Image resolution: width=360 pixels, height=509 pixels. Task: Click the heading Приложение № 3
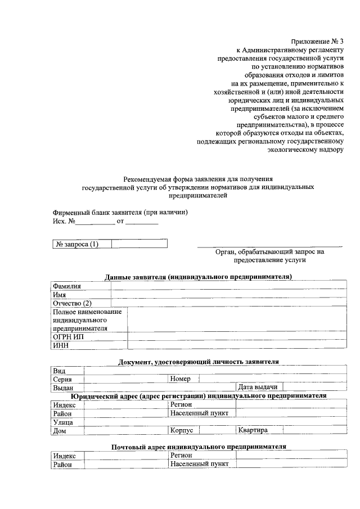(x=317, y=42)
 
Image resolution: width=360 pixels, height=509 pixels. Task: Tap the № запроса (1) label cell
(x=76, y=244)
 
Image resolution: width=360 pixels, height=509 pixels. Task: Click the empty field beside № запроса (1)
(x=139, y=244)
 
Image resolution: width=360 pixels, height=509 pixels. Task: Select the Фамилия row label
(x=67, y=286)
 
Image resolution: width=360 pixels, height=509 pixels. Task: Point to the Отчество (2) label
(x=72, y=303)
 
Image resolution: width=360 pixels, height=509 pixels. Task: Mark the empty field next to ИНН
(x=236, y=345)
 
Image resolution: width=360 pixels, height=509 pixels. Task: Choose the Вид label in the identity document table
(x=60, y=371)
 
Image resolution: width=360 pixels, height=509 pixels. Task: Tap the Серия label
(x=62, y=379)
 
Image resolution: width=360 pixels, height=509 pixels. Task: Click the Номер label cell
(x=181, y=379)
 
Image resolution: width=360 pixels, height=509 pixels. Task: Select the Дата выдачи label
(x=258, y=388)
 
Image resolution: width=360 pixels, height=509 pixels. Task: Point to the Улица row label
(x=63, y=421)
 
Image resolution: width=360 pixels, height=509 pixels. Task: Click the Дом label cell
(x=59, y=430)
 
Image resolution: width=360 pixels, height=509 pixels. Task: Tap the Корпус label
(x=182, y=430)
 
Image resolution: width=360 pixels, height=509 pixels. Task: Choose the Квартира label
(x=253, y=430)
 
